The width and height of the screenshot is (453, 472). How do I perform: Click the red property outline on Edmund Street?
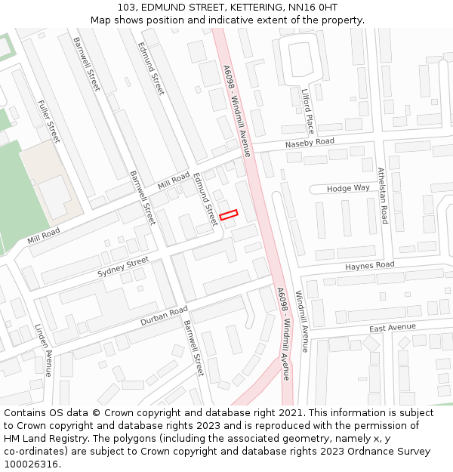pyautogui.click(x=228, y=215)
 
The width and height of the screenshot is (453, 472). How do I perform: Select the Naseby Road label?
pyautogui.click(x=310, y=143)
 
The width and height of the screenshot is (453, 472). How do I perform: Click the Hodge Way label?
pyautogui.click(x=350, y=188)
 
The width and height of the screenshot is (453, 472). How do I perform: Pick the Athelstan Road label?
pyautogui.click(x=383, y=196)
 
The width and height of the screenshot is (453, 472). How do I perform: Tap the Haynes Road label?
pyautogui.click(x=370, y=266)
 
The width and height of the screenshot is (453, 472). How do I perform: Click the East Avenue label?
pyautogui.click(x=393, y=327)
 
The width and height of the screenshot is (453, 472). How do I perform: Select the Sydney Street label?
pyautogui.click(x=123, y=267)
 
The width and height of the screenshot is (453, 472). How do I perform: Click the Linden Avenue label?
pyautogui.click(x=44, y=350)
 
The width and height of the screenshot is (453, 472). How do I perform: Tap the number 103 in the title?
pyautogui.click(x=127, y=7)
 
